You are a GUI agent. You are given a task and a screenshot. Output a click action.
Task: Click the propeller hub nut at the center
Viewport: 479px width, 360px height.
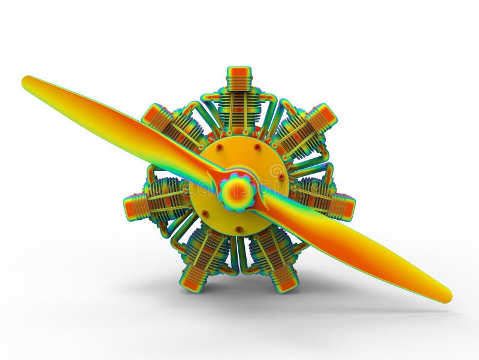coord(238,192)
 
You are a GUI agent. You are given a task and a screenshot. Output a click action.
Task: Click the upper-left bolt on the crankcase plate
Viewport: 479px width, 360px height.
coord(220,147)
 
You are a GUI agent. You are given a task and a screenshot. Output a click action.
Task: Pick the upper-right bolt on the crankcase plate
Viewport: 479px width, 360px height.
coord(257,147)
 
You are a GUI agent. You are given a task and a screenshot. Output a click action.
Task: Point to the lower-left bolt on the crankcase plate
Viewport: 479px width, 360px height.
coord(205,213)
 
